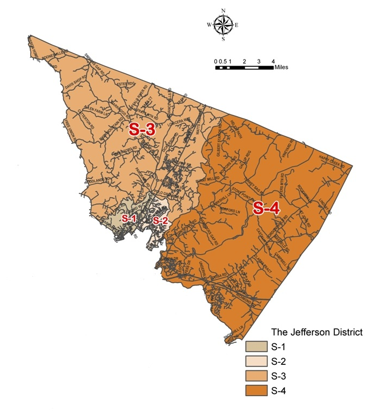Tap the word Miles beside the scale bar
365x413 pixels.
281,68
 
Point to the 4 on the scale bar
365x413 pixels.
273,62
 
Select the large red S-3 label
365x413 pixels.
142,129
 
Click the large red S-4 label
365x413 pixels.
266,209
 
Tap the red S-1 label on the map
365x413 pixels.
129,219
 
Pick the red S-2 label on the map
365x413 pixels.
160,220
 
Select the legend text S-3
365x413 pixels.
278,375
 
